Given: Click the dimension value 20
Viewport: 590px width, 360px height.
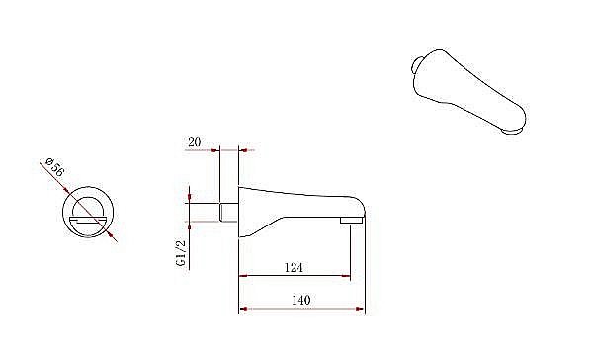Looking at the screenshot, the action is tap(195, 142).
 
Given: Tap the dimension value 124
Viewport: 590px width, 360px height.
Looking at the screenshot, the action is tap(294, 268).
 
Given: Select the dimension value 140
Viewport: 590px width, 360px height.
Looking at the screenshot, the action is tap(301, 300).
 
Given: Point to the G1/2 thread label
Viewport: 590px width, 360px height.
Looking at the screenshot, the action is tap(181, 253).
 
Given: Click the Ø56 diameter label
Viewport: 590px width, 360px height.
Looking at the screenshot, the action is tap(55, 167).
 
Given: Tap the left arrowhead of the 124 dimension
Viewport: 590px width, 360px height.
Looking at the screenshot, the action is tap(243, 276).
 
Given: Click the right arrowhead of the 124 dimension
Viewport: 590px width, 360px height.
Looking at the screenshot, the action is tap(346, 276).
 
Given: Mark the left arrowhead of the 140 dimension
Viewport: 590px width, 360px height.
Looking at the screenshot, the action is tap(243, 309).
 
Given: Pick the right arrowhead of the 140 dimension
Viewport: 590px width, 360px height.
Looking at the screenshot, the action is tap(360, 309).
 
